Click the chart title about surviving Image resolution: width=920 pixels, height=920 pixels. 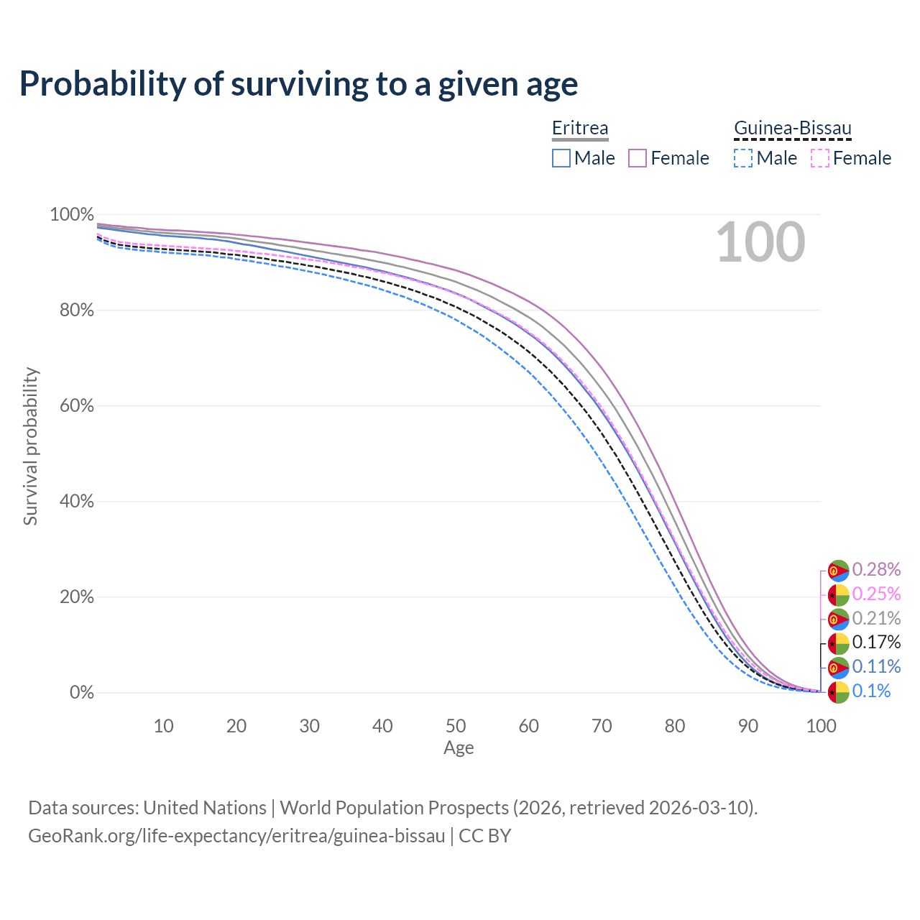[x=298, y=84]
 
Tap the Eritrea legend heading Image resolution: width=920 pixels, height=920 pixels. [x=580, y=129]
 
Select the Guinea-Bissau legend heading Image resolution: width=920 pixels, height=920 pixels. [x=792, y=129]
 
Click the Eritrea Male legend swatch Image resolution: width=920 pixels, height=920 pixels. [x=561, y=158]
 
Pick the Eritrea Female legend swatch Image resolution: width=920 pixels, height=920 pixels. [x=638, y=158]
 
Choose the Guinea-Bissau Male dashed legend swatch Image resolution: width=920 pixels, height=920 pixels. [x=743, y=158]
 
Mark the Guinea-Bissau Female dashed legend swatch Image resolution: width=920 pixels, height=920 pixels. [x=820, y=158]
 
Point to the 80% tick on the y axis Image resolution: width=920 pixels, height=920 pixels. [x=71, y=310]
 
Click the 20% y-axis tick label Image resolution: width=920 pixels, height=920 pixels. [x=71, y=597]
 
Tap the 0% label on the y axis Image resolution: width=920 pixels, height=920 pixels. [x=81, y=693]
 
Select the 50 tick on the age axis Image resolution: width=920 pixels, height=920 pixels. [x=456, y=726]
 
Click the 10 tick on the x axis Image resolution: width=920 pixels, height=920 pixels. [x=164, y=726]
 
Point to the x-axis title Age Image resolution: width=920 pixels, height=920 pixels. [x=459, y=748]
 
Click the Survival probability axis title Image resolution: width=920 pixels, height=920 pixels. [x=30, y=446]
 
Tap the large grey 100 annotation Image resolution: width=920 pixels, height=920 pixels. [x=760, y=242]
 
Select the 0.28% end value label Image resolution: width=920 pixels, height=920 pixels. [x=876, y=570]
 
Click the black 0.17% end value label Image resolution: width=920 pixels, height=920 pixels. [x=876, y=643]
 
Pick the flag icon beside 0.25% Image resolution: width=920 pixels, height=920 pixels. [x=839, y=595]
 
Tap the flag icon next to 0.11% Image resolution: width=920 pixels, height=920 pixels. [x=839, y=668]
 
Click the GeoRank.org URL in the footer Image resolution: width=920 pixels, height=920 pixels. [x=236, y=836]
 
